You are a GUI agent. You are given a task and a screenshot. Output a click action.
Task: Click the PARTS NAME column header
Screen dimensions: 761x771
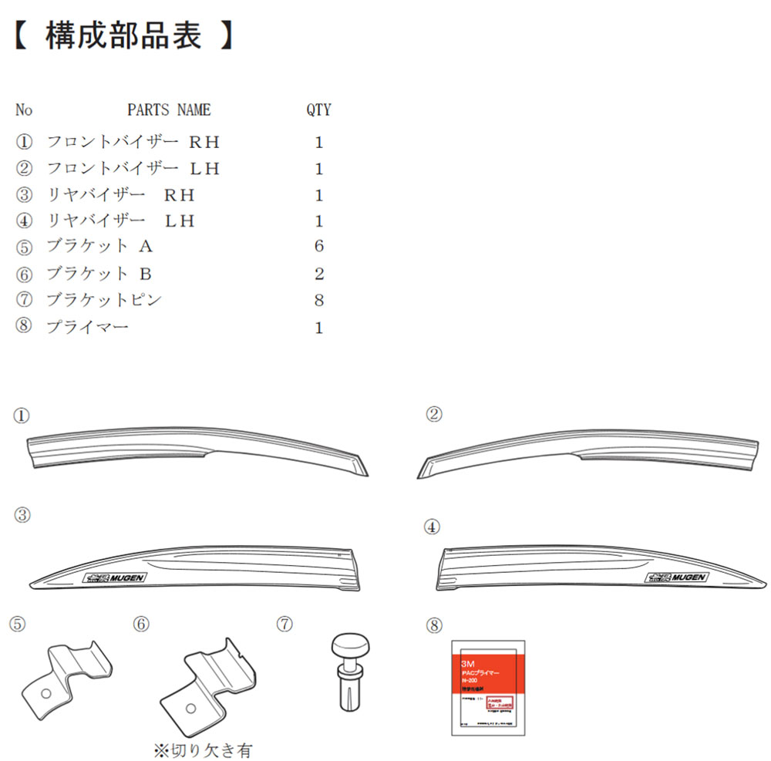pyautogui.click(x=168, y=109)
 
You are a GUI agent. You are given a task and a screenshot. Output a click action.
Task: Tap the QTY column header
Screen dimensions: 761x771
pyautogui.click(x=318, y=109)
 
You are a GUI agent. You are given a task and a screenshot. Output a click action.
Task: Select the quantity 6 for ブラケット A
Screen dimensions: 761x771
pyautogui.click(x=319, y=247)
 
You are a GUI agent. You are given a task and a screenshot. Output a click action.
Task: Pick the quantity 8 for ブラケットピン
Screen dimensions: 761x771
pyautogui.click(x=319, y=301)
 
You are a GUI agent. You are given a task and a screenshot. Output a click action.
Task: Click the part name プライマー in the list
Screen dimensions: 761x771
pyautogui.click(x=87, y=328)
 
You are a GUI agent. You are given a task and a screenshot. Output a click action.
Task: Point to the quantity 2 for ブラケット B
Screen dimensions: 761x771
pyautogui.click(x=319, y=274)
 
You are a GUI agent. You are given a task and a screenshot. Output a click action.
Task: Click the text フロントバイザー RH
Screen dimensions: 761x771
pyautogui.click(x=133, y=143)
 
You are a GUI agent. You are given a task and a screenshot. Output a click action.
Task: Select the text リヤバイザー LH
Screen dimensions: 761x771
pyautogui.click(x=121, y=221)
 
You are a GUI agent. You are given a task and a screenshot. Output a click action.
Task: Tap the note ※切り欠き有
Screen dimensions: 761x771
pyautogui.click(x=203, y=749)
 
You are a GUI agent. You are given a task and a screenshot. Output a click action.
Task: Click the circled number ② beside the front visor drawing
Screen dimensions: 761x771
pyautogui.click(x=434, y=415)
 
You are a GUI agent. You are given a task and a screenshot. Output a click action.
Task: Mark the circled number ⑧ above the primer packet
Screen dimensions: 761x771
pyautogui.click(x=433, y=623)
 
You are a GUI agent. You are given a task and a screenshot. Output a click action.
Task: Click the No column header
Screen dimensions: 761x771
pyautogui.click(x=24, y=109)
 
